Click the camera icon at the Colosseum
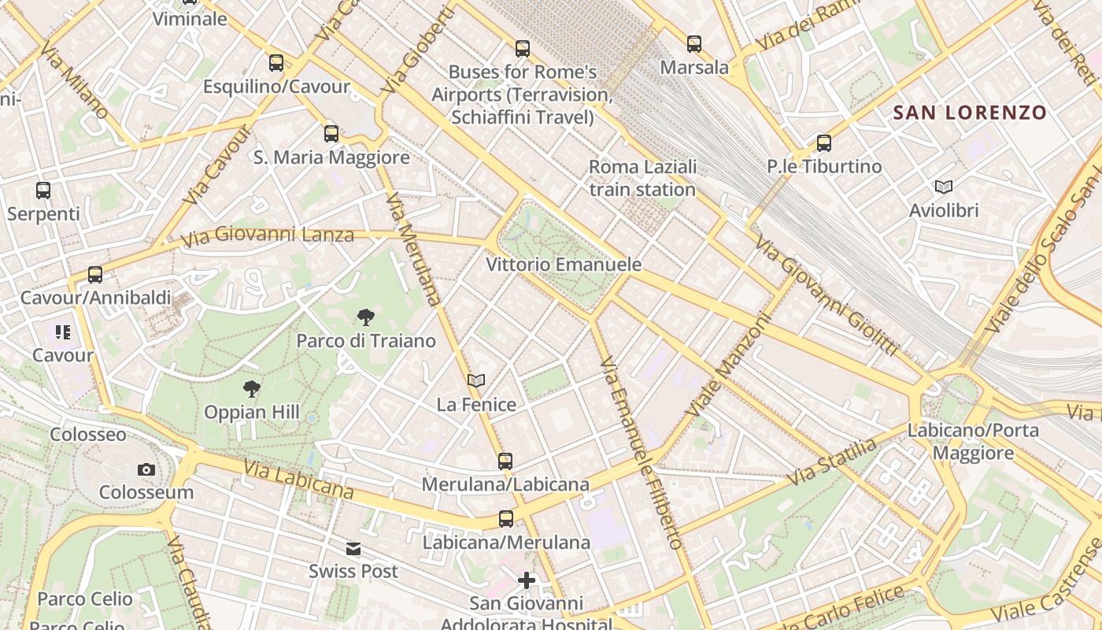pos(146,470)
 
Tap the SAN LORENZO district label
pos(970,113)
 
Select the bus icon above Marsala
pos(693,44)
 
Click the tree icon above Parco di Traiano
pos(365,317)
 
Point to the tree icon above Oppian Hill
pos(252,388)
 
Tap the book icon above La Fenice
pos(475,381)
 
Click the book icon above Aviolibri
pos(943,187)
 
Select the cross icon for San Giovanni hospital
pos(527,581)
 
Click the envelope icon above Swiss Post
pos(353,549)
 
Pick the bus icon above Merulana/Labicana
pos(505,461)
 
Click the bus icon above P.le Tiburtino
pos(824,143)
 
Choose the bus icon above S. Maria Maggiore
pos(331,134)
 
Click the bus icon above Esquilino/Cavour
pos(276,63)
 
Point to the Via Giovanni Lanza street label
pos(268,236)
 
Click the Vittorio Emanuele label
pos(564,265)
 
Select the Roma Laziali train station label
pos(642,178)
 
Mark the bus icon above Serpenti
pos(43,191)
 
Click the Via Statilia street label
pos(833,462)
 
